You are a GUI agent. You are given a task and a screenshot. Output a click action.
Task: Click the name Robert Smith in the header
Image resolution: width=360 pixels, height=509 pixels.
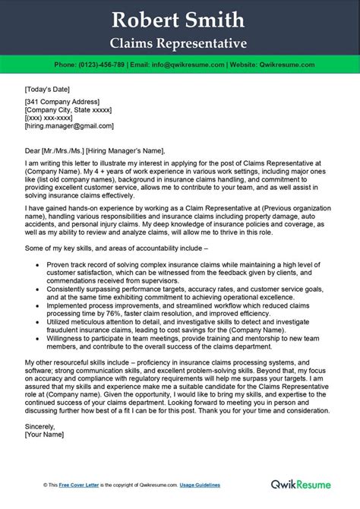pos(179,18)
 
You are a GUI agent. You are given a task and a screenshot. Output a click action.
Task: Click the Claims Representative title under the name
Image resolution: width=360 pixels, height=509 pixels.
pos(179,40)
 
